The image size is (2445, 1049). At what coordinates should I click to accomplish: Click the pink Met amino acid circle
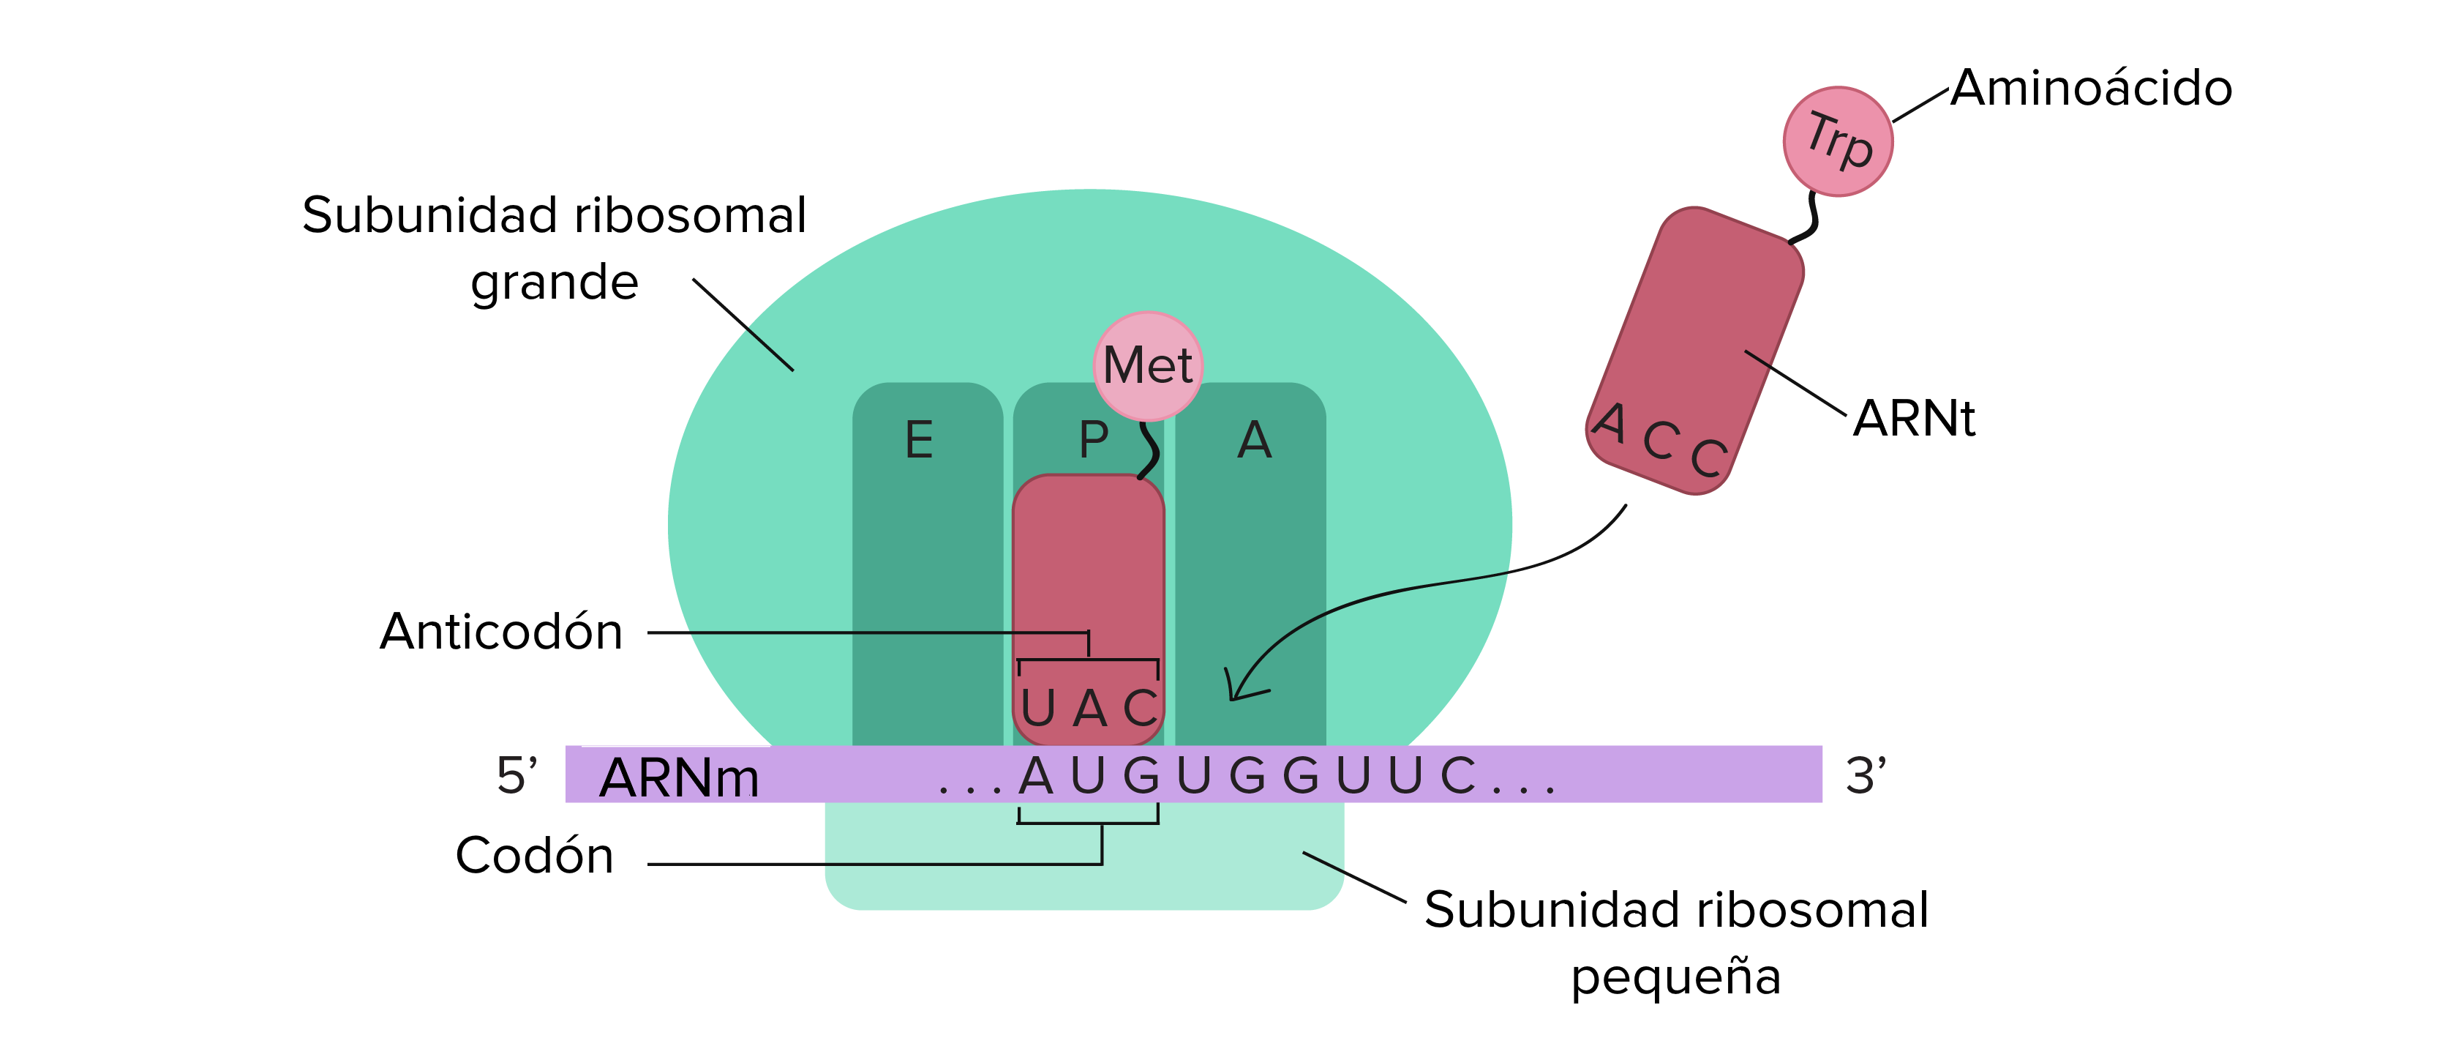pyautogui.click(x=1148, y=365)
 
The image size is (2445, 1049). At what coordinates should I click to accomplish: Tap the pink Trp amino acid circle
pyautogui.click(x=1838, y=141)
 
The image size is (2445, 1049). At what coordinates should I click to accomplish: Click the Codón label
pyautogui.click(x=534, y=854)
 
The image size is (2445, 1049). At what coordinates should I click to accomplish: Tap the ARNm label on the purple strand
pyautogui.click(x=680, y=777)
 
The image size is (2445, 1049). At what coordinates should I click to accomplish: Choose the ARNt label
pyautogui.click(x=1915, y=418)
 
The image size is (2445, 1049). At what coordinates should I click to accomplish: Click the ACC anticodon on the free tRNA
pyautogui.click(x=1659, y=438)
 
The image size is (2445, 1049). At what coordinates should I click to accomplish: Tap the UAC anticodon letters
pyautogui.click(x=1089, y=707)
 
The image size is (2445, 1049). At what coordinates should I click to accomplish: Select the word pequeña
pyautogui.click(x=1676, y=978)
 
